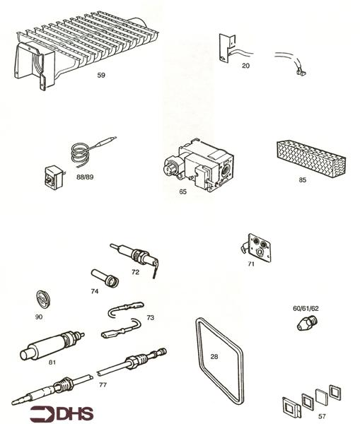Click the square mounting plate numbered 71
pos(258,247)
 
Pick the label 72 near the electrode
pos(135,271)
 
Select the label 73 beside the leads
pos(150,318)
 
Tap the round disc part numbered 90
pos(45,300)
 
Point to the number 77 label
pos(103,385)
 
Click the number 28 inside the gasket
pos(214,356)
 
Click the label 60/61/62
pos(306,308)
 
